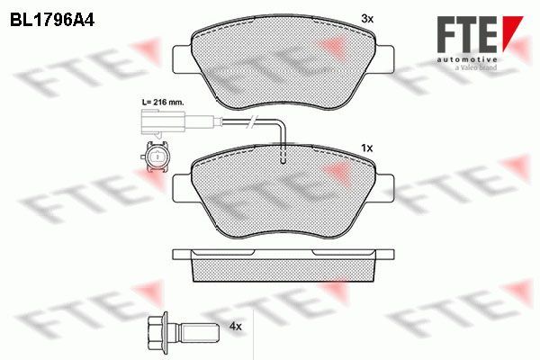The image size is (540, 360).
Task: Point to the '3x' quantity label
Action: pyautogui.click(x=366, y=18)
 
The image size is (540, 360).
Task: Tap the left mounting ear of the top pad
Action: pyautogui.click(x=180, y=54)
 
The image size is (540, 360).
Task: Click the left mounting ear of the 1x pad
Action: pyautogui.click(x=181, y=184)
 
